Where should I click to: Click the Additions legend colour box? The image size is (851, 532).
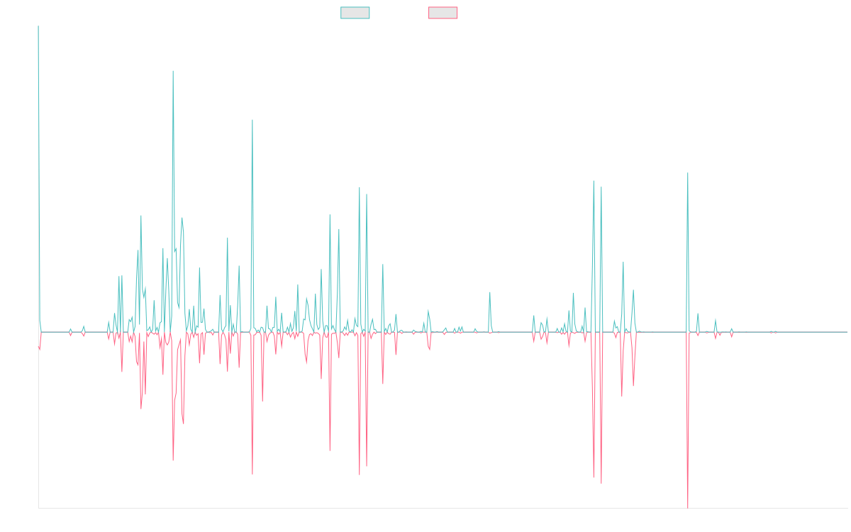(x=355, y=13)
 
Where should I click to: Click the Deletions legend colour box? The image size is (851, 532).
(x=443, y=13)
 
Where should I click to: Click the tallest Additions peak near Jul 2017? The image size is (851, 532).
(x=173, y=71)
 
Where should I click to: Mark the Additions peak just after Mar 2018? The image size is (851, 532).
(x=252, y=120)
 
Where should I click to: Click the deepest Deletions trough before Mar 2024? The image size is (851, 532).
(x=688, y=506)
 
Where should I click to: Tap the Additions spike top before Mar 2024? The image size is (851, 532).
(x=688, y=173)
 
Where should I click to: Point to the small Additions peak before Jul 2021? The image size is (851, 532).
(x=489, y=292)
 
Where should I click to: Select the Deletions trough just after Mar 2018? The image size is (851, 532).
(x=252, y=473)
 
